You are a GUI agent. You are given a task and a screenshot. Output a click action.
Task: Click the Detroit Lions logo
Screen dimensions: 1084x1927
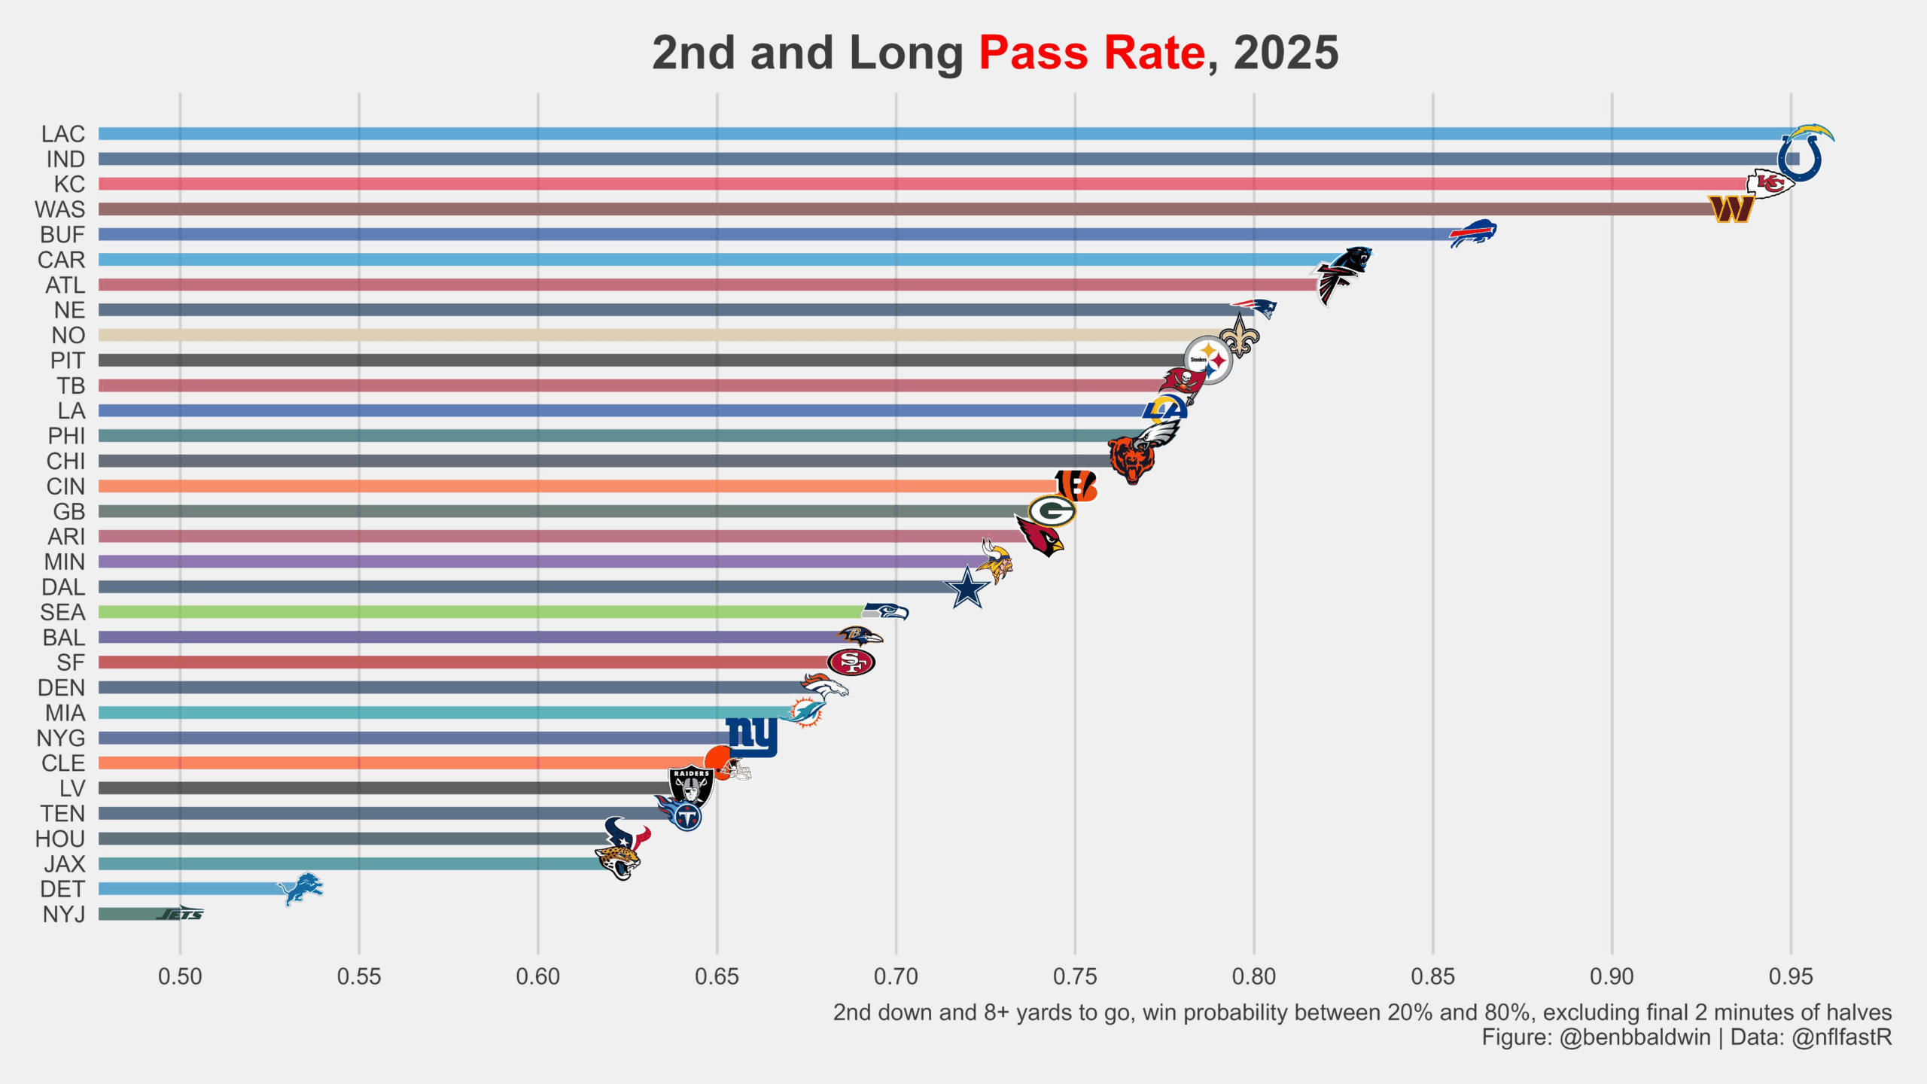pyautogui.click(x=300, y=888)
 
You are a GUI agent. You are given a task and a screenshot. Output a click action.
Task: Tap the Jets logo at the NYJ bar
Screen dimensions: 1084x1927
pyautogui.click(x=181, y=914)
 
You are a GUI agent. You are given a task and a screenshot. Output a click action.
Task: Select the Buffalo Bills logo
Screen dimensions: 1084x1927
pyautogui.click(x=1473, y=233)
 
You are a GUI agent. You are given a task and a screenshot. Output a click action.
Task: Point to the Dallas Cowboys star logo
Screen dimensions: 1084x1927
pyautogui.click(x=967, y=588)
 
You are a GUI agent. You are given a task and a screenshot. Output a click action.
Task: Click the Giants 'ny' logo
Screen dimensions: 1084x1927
pyautogui.click(x=752, y=735)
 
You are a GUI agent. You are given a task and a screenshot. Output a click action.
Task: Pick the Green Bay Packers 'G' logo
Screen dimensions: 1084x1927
pyautogui.click(x=1052, y=512)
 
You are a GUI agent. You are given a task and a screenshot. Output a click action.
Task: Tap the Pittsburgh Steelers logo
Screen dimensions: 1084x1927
pyautogui.click(x=1207, y=360)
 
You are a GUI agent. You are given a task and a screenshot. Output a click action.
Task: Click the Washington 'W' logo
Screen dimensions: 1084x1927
pyautogui.click(x=1731, y=209)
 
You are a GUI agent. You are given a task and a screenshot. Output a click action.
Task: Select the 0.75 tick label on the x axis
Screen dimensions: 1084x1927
pyautogui.click(x=1075, y=976)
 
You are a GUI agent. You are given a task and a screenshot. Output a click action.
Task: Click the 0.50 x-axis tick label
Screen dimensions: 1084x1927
pyautogui.click(x=180, y=976)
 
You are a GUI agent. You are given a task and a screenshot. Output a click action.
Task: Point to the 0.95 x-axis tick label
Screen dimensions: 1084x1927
pyautogui.click(x=1791, y=976)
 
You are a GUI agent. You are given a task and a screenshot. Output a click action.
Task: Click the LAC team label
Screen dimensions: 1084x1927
pyautogui.click(x=63, y=134)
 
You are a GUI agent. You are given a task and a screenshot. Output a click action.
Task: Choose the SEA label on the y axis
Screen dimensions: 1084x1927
pyautogui.click(x=62, y=612)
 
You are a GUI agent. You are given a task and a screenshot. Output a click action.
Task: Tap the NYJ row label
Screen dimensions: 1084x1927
pyautogui.click(x=64, y=914)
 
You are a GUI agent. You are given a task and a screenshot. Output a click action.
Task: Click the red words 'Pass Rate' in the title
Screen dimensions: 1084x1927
pyautogui.click(x=1092, y=53)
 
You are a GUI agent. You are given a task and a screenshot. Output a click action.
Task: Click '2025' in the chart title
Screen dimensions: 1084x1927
pyautogui.click(x=1286, y=53)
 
